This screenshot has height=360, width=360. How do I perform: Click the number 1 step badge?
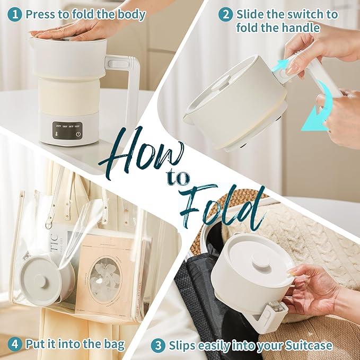coord(15,14)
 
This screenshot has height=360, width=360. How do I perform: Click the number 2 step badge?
coord(226,14)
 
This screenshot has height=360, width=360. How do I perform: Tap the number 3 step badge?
coord(157,346)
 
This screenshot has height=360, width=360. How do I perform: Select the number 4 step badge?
coord(15,345)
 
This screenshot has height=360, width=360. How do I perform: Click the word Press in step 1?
coord(41,14)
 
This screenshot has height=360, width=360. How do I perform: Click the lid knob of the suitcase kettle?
coord(259,261)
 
